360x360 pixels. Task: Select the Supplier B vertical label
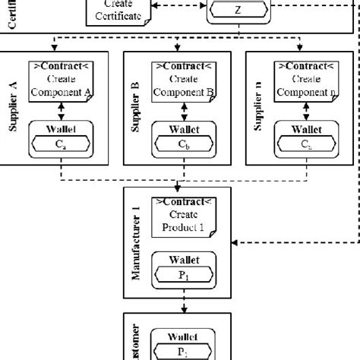134,108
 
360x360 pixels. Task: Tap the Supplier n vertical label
257,108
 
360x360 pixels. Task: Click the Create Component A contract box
62,79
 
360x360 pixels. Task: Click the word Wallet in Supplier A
62,127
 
